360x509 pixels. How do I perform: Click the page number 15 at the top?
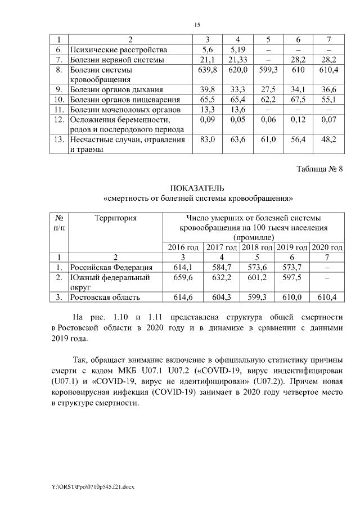point(197,25)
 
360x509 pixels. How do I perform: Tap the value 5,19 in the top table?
point(238,49)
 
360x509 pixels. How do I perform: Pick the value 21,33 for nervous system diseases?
point(238,60)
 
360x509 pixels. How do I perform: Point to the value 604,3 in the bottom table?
point(222,297)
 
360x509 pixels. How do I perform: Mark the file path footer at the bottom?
point(85,485)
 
